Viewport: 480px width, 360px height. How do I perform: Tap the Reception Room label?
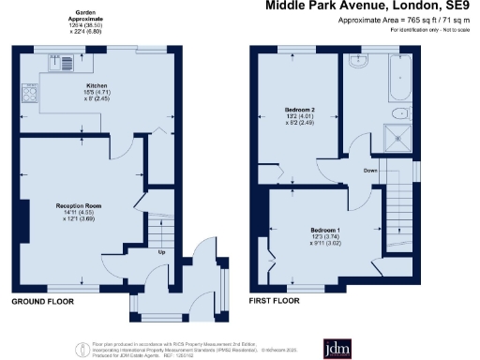tap(79, 204)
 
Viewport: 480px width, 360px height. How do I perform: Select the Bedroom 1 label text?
tap(325, 230)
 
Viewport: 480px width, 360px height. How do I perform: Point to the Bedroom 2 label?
tap(299, 111)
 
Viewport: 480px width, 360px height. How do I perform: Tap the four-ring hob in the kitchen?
tap(31, 94)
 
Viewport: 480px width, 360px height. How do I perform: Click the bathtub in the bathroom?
tap(398, 77)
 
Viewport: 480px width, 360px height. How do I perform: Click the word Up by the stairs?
tap(161, 252)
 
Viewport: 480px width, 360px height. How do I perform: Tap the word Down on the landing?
tap(372, 171)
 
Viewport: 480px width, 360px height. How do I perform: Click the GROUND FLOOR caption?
tap(43, 304)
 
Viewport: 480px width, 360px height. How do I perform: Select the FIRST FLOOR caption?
tap(275, 304)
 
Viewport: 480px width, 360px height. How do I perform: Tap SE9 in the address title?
tap(461, 7)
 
